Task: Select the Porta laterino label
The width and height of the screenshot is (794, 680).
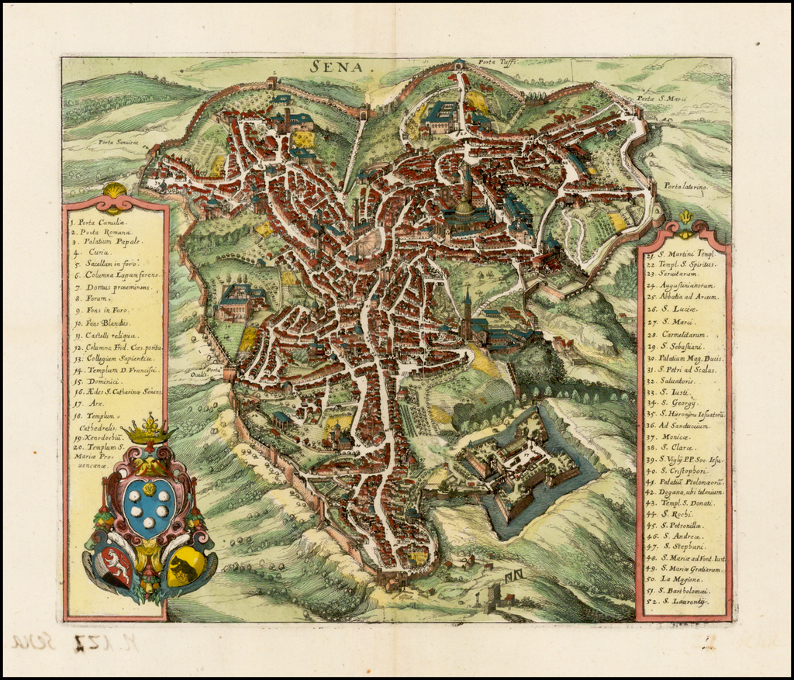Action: (686, 186)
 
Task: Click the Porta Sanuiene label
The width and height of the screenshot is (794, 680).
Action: (118, 142)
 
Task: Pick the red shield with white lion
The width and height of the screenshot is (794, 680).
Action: (116, 567)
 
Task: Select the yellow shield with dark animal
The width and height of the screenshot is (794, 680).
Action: (185, 567)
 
